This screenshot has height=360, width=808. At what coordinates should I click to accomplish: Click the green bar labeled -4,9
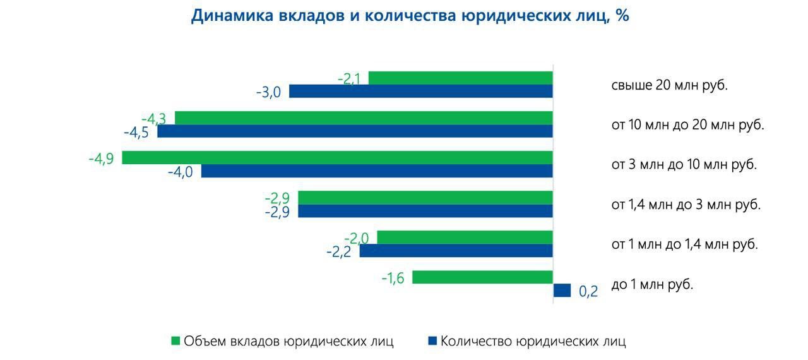coord(337,158)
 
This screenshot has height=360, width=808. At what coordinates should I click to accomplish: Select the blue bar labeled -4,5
coord(355,131)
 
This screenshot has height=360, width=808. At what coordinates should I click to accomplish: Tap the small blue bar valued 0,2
coord(562,291)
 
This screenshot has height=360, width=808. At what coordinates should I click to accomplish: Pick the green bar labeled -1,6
coord(482,277)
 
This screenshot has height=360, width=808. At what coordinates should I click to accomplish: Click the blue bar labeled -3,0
coord(420,92)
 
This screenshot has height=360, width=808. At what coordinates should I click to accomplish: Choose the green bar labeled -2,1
coord(460,78)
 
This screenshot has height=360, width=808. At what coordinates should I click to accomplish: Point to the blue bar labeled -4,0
coord(377,171)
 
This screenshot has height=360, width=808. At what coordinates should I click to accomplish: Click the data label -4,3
coord(153,119)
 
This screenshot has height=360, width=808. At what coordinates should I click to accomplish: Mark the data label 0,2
coord(588,292)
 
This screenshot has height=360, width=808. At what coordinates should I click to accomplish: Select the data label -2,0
coord(357,238)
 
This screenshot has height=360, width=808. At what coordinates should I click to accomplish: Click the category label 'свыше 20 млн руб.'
coord(669,85)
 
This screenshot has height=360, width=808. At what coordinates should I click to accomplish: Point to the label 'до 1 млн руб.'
coord(652,284)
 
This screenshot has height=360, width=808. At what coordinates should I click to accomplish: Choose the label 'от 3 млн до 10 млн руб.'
coord(684,165)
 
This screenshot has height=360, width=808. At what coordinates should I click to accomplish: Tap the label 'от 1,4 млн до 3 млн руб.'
coord(686,205)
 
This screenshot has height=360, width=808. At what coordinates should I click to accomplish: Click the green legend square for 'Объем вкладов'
coord(176,341)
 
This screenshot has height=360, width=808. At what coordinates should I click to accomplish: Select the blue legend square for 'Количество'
coord(432,341)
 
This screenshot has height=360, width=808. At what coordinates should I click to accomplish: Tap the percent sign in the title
coord(622,16)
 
